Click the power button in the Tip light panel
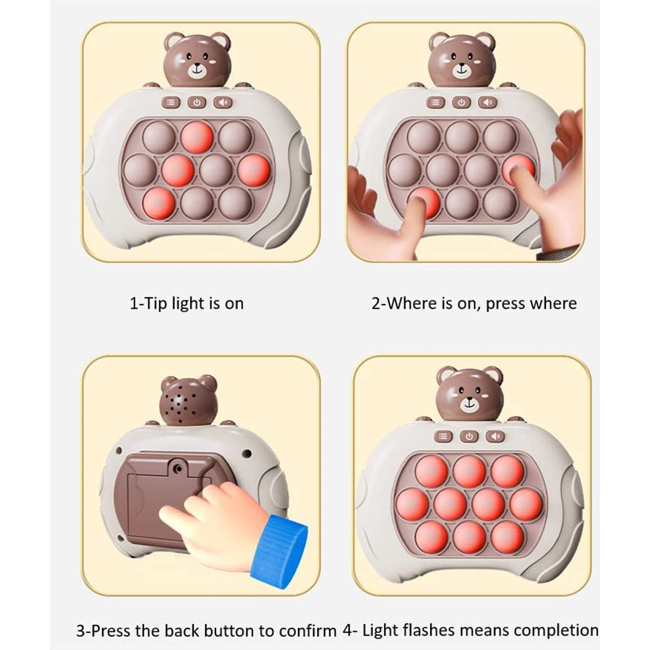(x=197, y=102)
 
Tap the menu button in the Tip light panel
(x=171, y=102)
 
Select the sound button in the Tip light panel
(x=223, y=102)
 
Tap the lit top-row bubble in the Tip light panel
(x=197, y=137)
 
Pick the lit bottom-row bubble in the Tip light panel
(x=158, y=204)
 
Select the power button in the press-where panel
(x=462, y=102)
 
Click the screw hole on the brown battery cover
(x=178, y=468)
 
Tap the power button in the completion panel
(x=469, y=436)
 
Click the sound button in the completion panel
(x=495, y=436)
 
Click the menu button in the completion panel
(x=443, y=436)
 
